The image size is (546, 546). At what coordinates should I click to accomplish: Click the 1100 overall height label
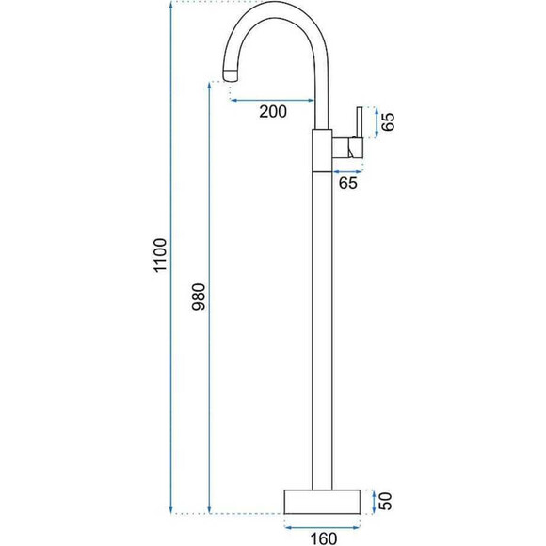[x=161, y=255]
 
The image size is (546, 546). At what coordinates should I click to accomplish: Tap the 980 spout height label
[x=200, y=297]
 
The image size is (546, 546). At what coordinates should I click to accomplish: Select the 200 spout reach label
[x=273, y=111]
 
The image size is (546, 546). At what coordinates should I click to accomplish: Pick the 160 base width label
[x=324, y=538]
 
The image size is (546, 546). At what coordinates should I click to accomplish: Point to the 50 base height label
[x=385, y=501]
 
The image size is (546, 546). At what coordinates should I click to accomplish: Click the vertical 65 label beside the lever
[x=388, y=121]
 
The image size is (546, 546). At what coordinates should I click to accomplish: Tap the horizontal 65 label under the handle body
[x=348, y=184]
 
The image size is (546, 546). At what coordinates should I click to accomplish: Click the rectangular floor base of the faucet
[x=322, y=502]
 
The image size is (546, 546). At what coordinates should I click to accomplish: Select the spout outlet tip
[x=231, y=75]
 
